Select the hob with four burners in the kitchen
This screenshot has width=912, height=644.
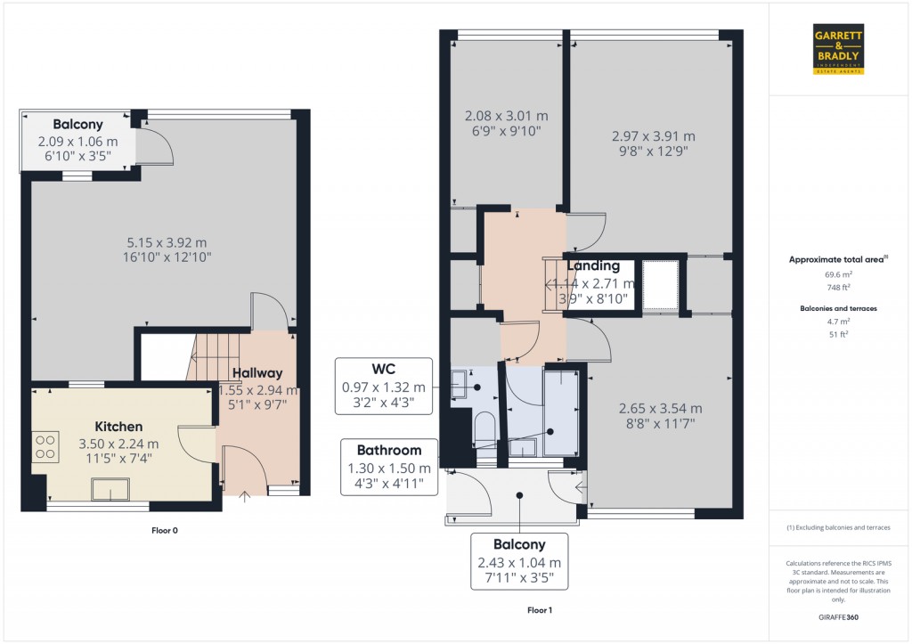point(45,446)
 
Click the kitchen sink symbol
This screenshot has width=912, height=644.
point(110,489)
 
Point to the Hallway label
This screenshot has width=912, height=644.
point(257,373)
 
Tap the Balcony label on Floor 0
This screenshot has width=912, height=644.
point(77,125)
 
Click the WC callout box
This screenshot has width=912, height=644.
point(384,387)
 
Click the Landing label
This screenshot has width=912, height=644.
point(593,265)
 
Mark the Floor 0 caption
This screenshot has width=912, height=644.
point(164,531)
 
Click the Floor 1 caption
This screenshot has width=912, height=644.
point(539,611)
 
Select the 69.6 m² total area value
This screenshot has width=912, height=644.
point(839,275)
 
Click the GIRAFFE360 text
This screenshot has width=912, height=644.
point(839,617)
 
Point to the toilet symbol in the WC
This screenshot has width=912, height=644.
point(484,430)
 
